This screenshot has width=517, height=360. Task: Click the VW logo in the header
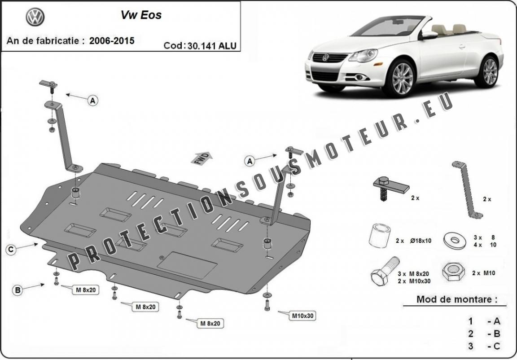[x=35, y=17]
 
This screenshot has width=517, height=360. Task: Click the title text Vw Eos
[x=141, y=15]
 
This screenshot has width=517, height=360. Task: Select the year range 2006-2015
[x=112, y=40]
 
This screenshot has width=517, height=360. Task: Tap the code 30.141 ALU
[x=212, y=45]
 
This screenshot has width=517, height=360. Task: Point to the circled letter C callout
[x=11, y=250]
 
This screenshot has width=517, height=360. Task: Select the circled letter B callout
[x=18, y=290]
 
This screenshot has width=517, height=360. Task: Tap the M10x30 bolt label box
[x=302, y=316]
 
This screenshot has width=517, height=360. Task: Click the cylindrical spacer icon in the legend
[x=380, y=235]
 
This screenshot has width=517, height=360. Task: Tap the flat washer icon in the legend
[x=455, y=240]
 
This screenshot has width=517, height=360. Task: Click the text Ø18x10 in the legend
[x=421, y=241]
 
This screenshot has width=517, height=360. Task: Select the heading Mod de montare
[x=457, y=299]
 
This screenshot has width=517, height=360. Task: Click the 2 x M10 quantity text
[x=484, y=273]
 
